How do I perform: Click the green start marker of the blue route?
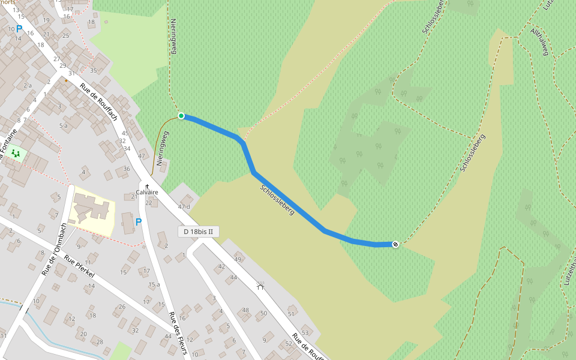(181, 116)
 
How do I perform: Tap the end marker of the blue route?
(395, 244)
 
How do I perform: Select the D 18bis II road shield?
(199, 232)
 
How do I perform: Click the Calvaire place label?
(147, 193)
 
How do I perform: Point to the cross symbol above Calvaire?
(147, 187)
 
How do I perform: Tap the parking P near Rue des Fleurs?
(139, 223)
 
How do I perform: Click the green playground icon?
(16, 154)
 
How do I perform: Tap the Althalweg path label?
(539, 42)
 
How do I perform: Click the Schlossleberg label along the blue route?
(277, 200)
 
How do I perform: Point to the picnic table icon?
(260, 286)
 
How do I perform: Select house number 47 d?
(184, 207)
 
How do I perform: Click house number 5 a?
(63, 125)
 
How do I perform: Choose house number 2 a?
(27, 86)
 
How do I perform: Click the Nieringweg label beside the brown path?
(160, 149)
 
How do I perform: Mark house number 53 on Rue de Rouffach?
(305, 333)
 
